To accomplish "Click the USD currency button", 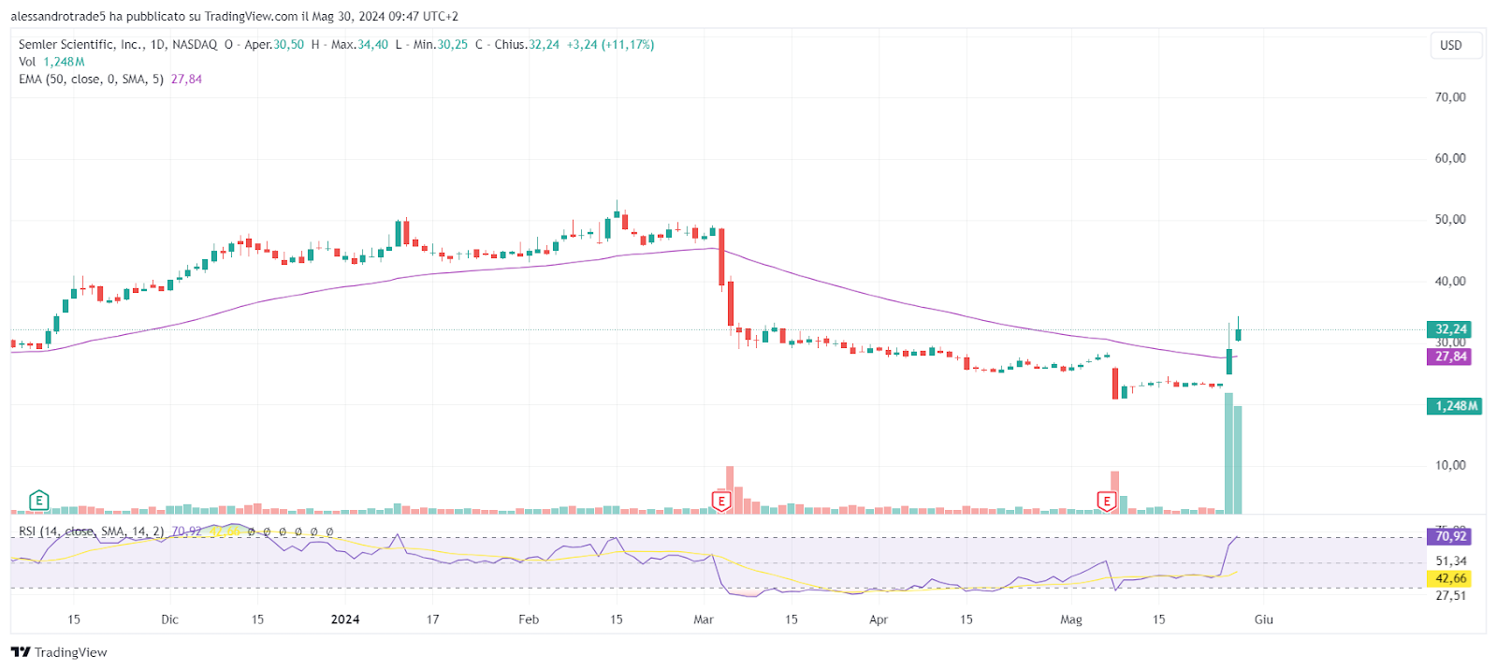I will pos(1451,45).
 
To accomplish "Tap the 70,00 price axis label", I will pos(1450,97).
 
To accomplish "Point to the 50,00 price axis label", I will pos(1450,220).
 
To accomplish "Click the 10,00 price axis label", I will pos(1450,465).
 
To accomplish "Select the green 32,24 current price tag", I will pos(1449,329).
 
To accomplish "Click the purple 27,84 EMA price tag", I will pos(1449,357).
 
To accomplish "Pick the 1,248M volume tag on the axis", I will pos(1454,406).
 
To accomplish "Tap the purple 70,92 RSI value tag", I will pos(1449,536).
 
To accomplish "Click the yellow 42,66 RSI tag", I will pos(1449,578).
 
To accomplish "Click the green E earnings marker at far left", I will pos(38,501).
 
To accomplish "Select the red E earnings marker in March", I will pos(721,502).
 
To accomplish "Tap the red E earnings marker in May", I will pos(1107,502).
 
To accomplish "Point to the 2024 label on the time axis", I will pos(345,619).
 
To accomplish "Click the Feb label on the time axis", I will pos(529,619).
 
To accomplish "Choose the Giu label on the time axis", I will pos(1264,619).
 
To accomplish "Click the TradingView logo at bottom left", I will pos(59,652).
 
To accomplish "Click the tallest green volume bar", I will pos(1228,454).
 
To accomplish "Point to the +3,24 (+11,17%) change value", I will pos(610,45).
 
